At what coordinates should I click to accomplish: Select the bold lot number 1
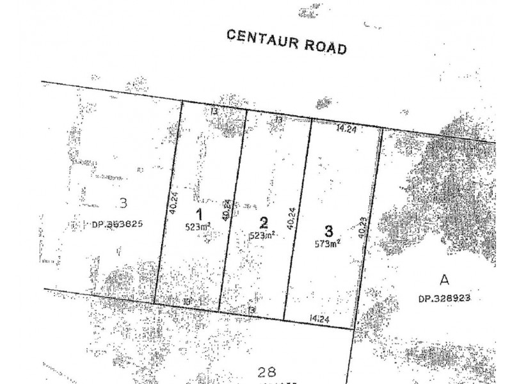(x=199, y=215)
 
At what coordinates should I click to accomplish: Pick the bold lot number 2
(x=264, y=223)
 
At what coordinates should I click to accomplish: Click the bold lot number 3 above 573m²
(x=328, y=231)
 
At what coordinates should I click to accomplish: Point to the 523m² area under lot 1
(x=198, y=227)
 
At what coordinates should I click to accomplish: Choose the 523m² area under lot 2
(x=263, y=235)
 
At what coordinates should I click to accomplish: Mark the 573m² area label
(x=327, y=243)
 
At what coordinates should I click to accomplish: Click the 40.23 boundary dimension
(x=363, y=227)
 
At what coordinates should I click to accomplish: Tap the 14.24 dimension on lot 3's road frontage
(x=346, y=127)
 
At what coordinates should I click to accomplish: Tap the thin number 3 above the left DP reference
(x=124, y=204)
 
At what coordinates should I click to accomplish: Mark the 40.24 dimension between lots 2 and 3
(x=292, y=220)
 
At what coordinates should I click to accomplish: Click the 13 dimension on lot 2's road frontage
(x=278, y=119)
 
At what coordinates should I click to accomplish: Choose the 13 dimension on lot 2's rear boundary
(x=252, y=309)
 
